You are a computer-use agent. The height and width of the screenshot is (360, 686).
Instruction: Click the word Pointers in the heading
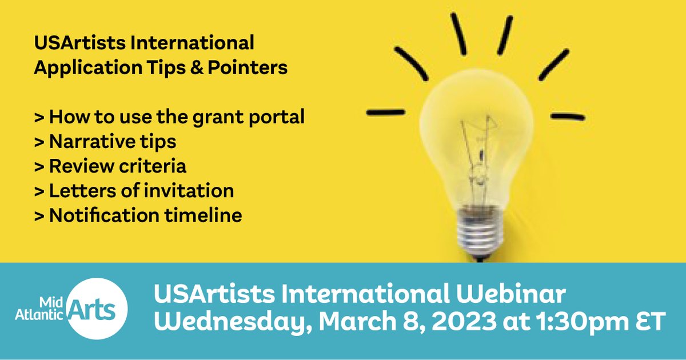pos(248,67)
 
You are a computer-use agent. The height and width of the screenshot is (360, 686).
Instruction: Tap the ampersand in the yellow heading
pos(197,67)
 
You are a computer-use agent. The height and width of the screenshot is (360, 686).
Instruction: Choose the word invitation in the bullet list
pos(189,191)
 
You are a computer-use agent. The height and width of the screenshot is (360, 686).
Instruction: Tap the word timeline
pos(203,215)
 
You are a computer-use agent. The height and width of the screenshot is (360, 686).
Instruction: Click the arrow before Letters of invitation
pos(39,191)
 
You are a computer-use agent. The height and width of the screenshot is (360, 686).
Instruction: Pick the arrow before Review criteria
pos(39,167)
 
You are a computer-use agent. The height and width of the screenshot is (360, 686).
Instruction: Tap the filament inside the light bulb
pos(478,159)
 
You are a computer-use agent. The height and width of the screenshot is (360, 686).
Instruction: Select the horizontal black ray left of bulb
pos(385,113)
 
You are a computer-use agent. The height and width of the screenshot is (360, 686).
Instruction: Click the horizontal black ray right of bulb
pos(568,117)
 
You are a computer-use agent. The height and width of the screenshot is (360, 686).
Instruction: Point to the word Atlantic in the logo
pos(39,314)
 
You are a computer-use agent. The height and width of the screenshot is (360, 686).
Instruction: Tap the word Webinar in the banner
pos(511,294)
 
